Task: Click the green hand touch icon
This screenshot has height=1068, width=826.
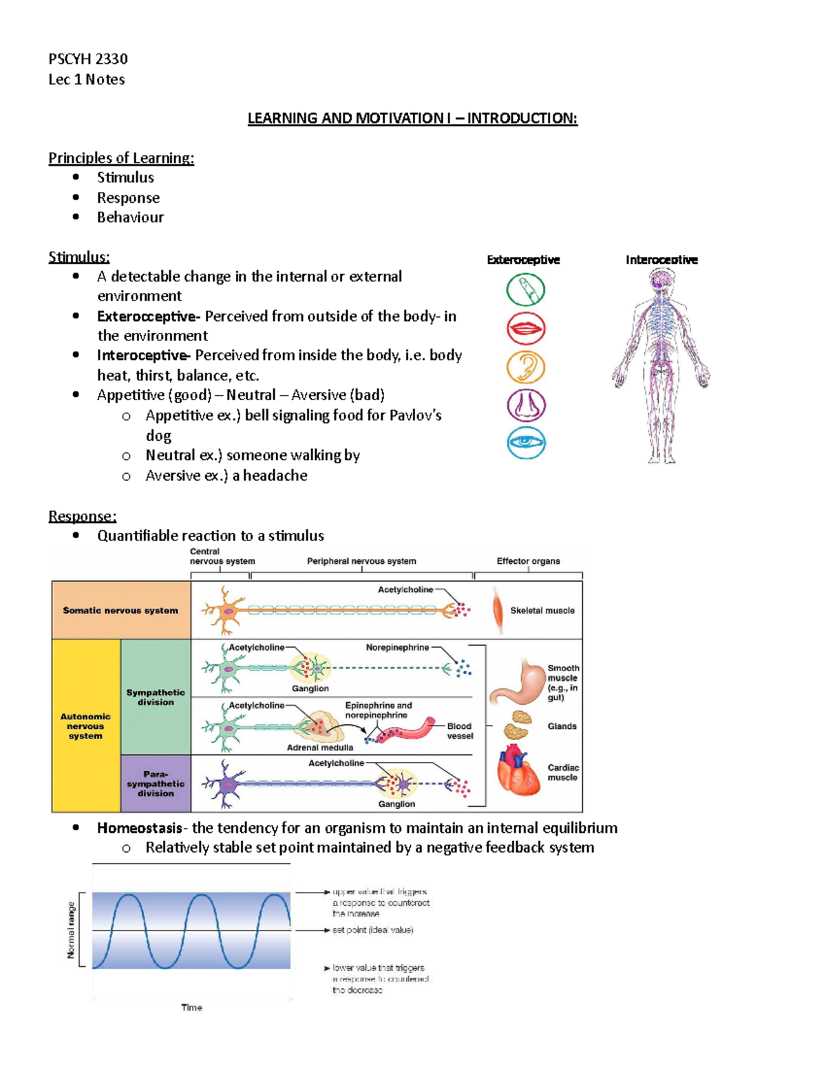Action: click(x=526, y=290)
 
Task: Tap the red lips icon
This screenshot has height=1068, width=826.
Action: click(x=527, y=328)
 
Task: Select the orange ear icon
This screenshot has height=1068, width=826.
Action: click(x=526, y=367)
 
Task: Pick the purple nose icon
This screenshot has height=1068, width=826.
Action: click(x=527, y=405)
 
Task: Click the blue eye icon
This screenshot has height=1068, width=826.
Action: click(x=527, y=443)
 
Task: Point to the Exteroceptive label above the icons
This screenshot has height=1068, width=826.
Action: click(x=523, y=260)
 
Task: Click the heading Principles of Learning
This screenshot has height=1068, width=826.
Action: click(x=121, y=158)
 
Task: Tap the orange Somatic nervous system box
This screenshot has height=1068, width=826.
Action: click(x=120, y=610)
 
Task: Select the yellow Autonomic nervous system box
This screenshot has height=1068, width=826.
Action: click(x=85, y=726)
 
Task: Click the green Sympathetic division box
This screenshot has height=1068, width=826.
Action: click(x=156, y=697)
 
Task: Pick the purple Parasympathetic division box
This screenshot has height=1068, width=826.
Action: click(x=156, y=784)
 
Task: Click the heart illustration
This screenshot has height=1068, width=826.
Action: click(x=518, y=771)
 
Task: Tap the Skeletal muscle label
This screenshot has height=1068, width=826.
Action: click(x=542, y=611)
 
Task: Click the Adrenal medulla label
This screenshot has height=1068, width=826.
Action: click(x=319, y=748)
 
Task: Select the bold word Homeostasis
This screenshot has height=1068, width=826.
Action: click(x=139, y=828)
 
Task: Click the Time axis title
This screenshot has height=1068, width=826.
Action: click(x=191, y=1007)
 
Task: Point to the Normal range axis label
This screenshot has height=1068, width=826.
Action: click(x=71, y=930)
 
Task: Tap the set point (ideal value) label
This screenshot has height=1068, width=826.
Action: click(x=372, y=930)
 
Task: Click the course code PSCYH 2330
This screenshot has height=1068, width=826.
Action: click(x=88, y=59)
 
